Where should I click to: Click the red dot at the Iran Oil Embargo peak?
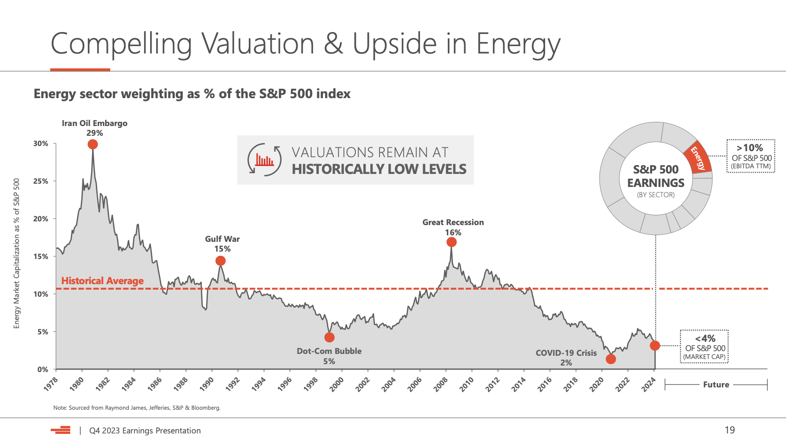click(93, 145)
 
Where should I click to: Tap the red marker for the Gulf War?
click(220, 261)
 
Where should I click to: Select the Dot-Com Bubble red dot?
click(329, 337)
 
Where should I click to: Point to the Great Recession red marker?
click(451, 242)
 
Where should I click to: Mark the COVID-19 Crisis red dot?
click(611, 359)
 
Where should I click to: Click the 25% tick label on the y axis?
click(40, 181)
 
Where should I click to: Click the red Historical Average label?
click(102, 281)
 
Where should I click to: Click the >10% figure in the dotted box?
click(749, 148)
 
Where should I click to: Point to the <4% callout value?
click(705, 339)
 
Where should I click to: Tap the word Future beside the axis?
click(716, 385)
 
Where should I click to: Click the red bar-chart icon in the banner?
click(264, 160)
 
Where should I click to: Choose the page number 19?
click(730, 430)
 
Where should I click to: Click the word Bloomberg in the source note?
click(205, 408)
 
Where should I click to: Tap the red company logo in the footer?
click(61, 430)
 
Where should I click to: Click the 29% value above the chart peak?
click(94, 133)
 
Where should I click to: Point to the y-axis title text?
click(17, 253)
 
